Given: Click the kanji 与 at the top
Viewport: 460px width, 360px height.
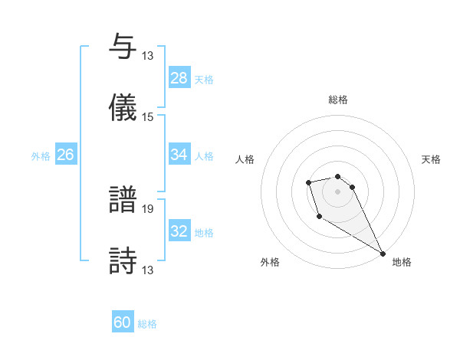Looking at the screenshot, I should tap(123, 47).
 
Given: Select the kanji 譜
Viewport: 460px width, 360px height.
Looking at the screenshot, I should tap(123, 200).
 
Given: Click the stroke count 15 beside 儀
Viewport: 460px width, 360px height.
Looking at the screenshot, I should tap(148, 117).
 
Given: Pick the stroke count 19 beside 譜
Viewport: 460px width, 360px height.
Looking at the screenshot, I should tap(148, 208).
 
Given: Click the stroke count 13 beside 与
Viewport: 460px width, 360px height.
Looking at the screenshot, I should tap(148, 56).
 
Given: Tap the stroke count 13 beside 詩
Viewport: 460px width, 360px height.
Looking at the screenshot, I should tap(148, 270).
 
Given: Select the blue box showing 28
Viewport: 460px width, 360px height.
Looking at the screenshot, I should tap(179, 78).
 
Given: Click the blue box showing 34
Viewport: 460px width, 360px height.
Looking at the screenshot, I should tap(179, 155).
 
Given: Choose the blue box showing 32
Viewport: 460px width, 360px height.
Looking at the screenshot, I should tap(179, 231).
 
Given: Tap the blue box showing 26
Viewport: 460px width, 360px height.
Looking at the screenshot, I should tap(65, 155).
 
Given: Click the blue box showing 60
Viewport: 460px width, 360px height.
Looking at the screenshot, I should tap(123, 323).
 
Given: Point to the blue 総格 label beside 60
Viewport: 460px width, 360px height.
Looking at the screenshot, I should tap(147, 324).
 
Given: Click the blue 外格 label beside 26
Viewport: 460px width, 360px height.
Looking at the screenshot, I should tap(41, 155).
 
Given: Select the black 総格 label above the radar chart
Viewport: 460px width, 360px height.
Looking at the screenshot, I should tap(338, 100).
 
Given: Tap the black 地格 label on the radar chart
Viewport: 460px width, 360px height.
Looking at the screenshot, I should tap(402, 262).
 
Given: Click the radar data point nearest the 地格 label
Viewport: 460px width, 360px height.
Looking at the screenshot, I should tap(383, 254).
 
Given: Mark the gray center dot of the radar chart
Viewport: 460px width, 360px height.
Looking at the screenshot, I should tap(337, 191).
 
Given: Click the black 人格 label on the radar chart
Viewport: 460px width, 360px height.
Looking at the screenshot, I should tap(245, 159).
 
